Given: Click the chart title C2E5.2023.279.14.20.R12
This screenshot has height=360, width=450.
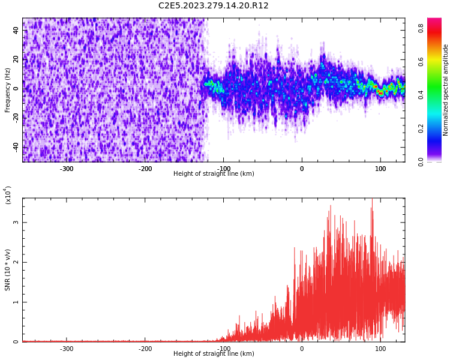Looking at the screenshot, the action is pos(213,5).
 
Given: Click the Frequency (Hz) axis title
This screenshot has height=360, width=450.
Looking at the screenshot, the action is pos(7,90).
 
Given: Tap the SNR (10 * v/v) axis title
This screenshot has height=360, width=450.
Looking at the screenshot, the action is pos(7,269).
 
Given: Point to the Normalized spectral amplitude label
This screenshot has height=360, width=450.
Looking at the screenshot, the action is pos(445,90).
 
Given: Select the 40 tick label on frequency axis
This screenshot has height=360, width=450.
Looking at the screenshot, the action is pos(16,30).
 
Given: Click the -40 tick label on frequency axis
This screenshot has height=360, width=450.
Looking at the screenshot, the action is pos(16,148).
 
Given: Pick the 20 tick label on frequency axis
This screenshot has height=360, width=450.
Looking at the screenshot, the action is pos(16,59).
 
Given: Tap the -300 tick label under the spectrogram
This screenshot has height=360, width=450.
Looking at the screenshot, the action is pos(67,169).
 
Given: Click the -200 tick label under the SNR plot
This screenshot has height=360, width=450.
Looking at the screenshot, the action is pos(145,349).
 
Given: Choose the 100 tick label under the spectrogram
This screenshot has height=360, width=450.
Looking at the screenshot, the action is pos(380,169).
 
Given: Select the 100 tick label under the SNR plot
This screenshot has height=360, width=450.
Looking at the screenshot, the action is pos(380,349).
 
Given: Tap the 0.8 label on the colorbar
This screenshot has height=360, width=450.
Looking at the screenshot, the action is pos(421,28).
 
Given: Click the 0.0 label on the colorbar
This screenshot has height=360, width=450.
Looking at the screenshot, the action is pos(421,161).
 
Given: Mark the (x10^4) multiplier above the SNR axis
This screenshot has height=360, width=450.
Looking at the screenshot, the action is pos(8,195).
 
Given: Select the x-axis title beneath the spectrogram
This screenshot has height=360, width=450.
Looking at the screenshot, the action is pos(214,173).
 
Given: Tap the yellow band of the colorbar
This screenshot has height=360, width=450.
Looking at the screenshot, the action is pos(434,61).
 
